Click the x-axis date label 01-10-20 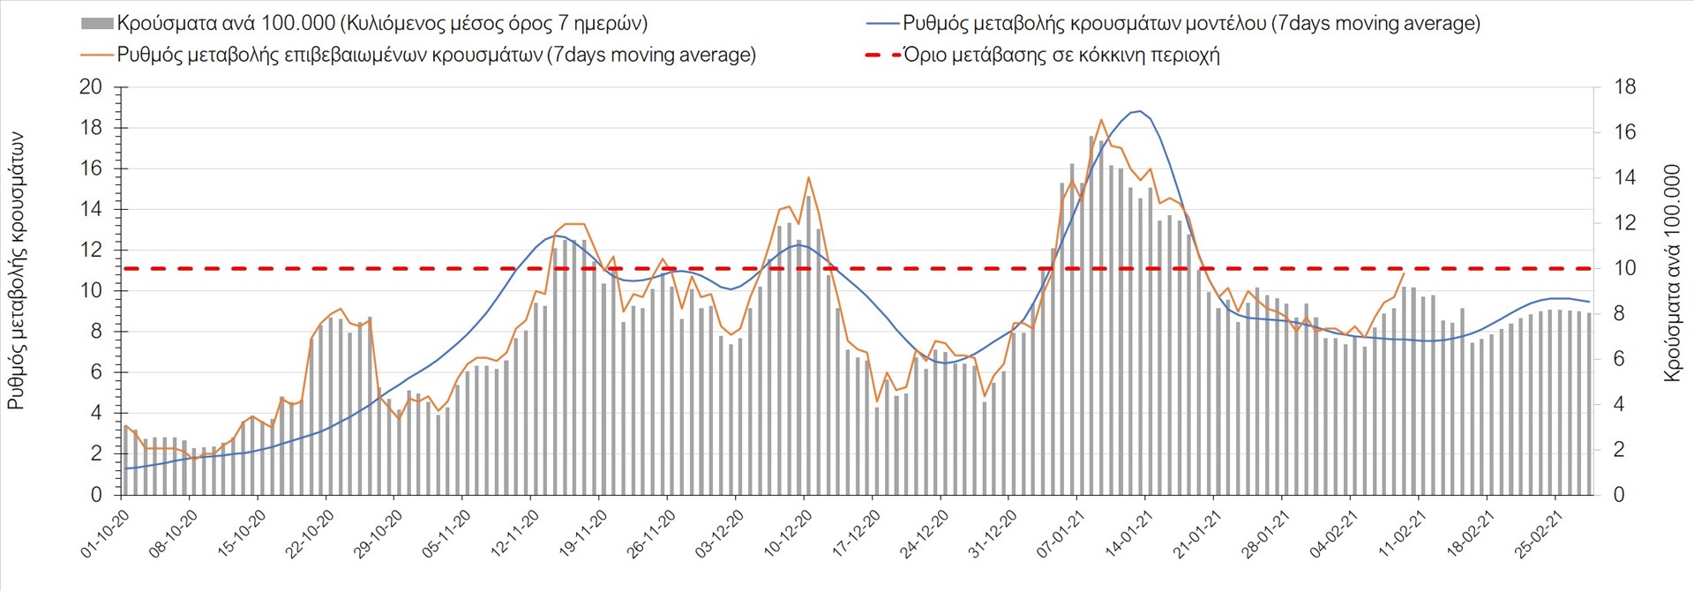pos(105,535)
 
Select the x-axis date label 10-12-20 pos(788,535)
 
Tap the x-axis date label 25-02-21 pos(1539,535)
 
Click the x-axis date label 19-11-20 pos(583,535)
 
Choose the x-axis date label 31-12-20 pos(993,535)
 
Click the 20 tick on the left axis pos(91,86)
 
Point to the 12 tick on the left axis pos(91,250)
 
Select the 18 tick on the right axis pos(1624,86)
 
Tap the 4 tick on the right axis pos(1619,404)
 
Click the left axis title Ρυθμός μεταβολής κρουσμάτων pos(16,272)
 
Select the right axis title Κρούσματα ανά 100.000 pos(1671,272)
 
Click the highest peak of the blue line pos(1140,111)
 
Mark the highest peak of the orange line pos(1101,119)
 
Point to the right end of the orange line pos(1404,273)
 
